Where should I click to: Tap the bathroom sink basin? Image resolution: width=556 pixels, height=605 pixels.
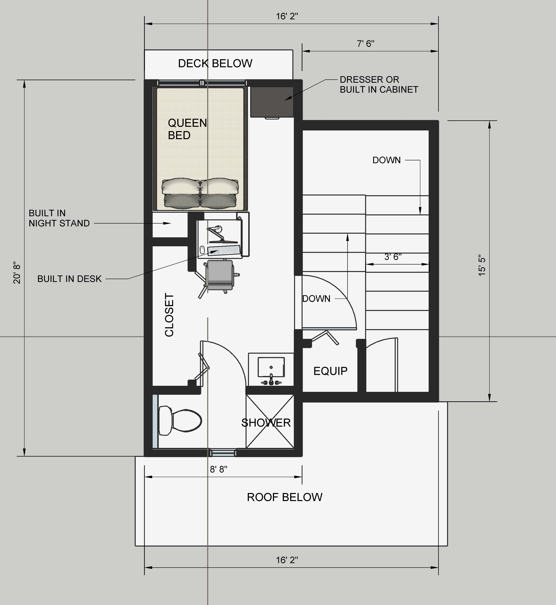click(271, 367)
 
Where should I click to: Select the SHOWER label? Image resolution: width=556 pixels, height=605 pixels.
click(266, 423)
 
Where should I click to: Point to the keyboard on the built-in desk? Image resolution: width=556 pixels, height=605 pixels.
click(224, 250)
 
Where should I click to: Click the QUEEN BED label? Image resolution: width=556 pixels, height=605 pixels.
click(187, 129)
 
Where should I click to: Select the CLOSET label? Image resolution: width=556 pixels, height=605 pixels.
click(169, 315)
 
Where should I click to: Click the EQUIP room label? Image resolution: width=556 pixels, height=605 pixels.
click(330, 371)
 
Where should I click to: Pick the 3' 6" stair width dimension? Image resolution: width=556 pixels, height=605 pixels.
click(393, 257)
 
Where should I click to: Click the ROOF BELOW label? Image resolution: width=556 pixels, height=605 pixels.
click(285, 497)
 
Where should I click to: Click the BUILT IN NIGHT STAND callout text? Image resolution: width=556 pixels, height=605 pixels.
click(59, 218)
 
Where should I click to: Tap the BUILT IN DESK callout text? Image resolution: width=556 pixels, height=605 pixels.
click(70, 279)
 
